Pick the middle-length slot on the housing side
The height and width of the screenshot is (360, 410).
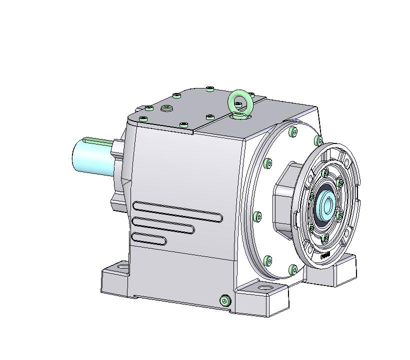click(x=163, y=225)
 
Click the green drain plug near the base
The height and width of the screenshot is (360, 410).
click(x=224, y=300)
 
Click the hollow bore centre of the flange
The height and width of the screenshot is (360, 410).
click(x=327, y=205)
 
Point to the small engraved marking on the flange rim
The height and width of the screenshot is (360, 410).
click(x=325, y=254)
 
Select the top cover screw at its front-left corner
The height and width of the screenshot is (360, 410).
click(x=143, y=118)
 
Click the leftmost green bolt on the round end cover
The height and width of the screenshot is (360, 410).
click(x=257, y=216)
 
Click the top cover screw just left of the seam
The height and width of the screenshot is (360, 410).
click(x=209, y=117)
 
